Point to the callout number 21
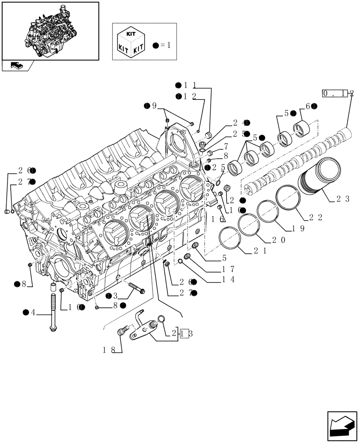[x=259, y=251]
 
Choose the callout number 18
[x=109, y=350]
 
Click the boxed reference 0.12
[x=338, y=93]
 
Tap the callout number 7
[x=226, y=146]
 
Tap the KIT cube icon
[x=130, y=41]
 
